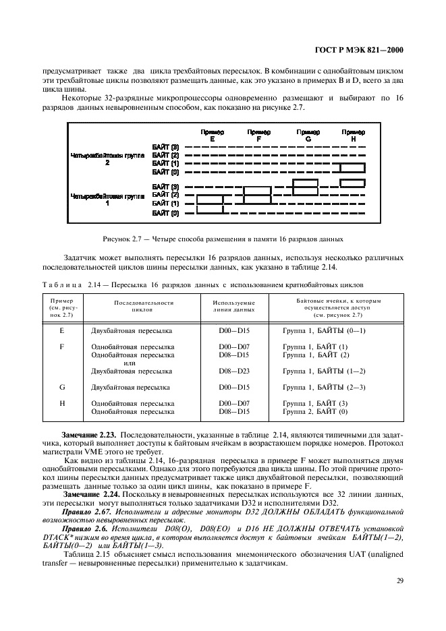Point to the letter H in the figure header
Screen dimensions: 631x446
tap(353, 138)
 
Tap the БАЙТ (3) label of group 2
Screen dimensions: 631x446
tap(165, 147)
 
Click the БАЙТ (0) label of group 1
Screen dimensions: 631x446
tap(165, 213)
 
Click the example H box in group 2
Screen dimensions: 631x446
tap(353, 183)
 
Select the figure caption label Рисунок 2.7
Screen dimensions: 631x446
tap(122, 239)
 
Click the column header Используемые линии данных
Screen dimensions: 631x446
tap(234, 306)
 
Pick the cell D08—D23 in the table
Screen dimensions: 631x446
tap(234, 371)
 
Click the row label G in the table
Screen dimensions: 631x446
tap(62, 387)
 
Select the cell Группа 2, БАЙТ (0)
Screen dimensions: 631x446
tap(315, 411)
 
